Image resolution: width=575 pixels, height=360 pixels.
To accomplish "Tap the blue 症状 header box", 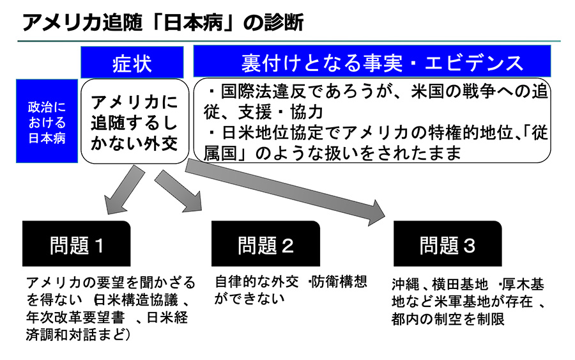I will click(132, 62).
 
